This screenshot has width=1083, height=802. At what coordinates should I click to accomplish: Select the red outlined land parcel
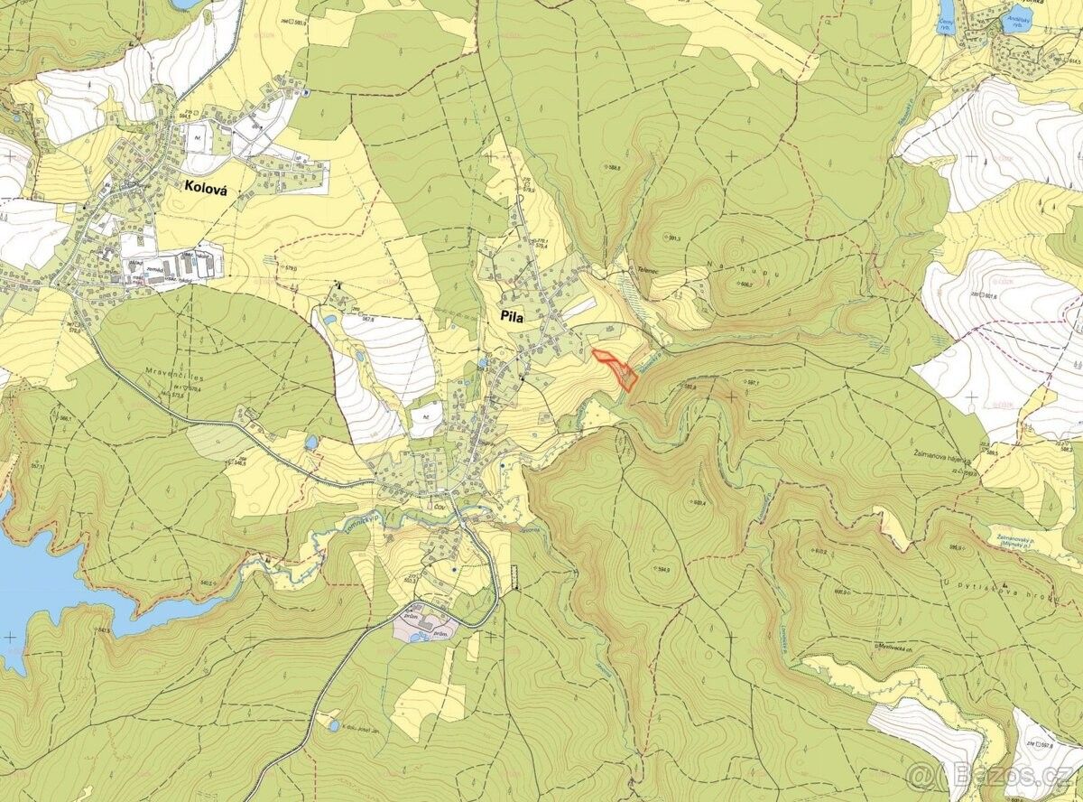point(619,369)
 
